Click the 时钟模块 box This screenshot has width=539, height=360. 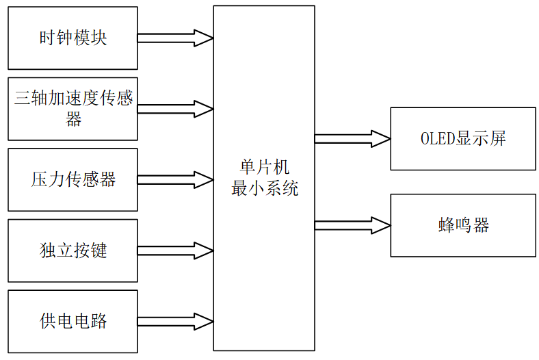click(x=73, y=38)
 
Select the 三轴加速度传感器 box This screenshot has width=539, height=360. click(x=73, y=109)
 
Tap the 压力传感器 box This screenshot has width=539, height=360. click(x=73, y=179)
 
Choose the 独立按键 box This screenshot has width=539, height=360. click(x=73, y=250)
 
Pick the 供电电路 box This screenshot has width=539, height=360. click(x=73, y=322)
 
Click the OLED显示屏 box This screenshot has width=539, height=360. click(x=463, y=139)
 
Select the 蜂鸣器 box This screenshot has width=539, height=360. click(x=463, y=225)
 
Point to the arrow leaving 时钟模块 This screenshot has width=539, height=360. click(x=175, y=38)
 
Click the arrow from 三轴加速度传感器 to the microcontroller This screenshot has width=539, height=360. click(x=175, y=109)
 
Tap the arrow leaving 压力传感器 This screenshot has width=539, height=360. click(x=175, y=180)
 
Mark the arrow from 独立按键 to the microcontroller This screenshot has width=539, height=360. click(x=175, y=250)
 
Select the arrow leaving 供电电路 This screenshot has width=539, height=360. click(x=175, y=322)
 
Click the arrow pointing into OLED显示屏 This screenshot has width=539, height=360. click(x=352, y=139)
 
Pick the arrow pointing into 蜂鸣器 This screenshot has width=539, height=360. click(x=352, y=225)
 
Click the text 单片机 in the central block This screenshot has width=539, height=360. click(x=265, y=168)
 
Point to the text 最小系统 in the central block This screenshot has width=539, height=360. click(x=265, y=188)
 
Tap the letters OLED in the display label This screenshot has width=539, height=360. click(x=436, y=139)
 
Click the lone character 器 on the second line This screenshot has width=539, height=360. click(x=74, y=120)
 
